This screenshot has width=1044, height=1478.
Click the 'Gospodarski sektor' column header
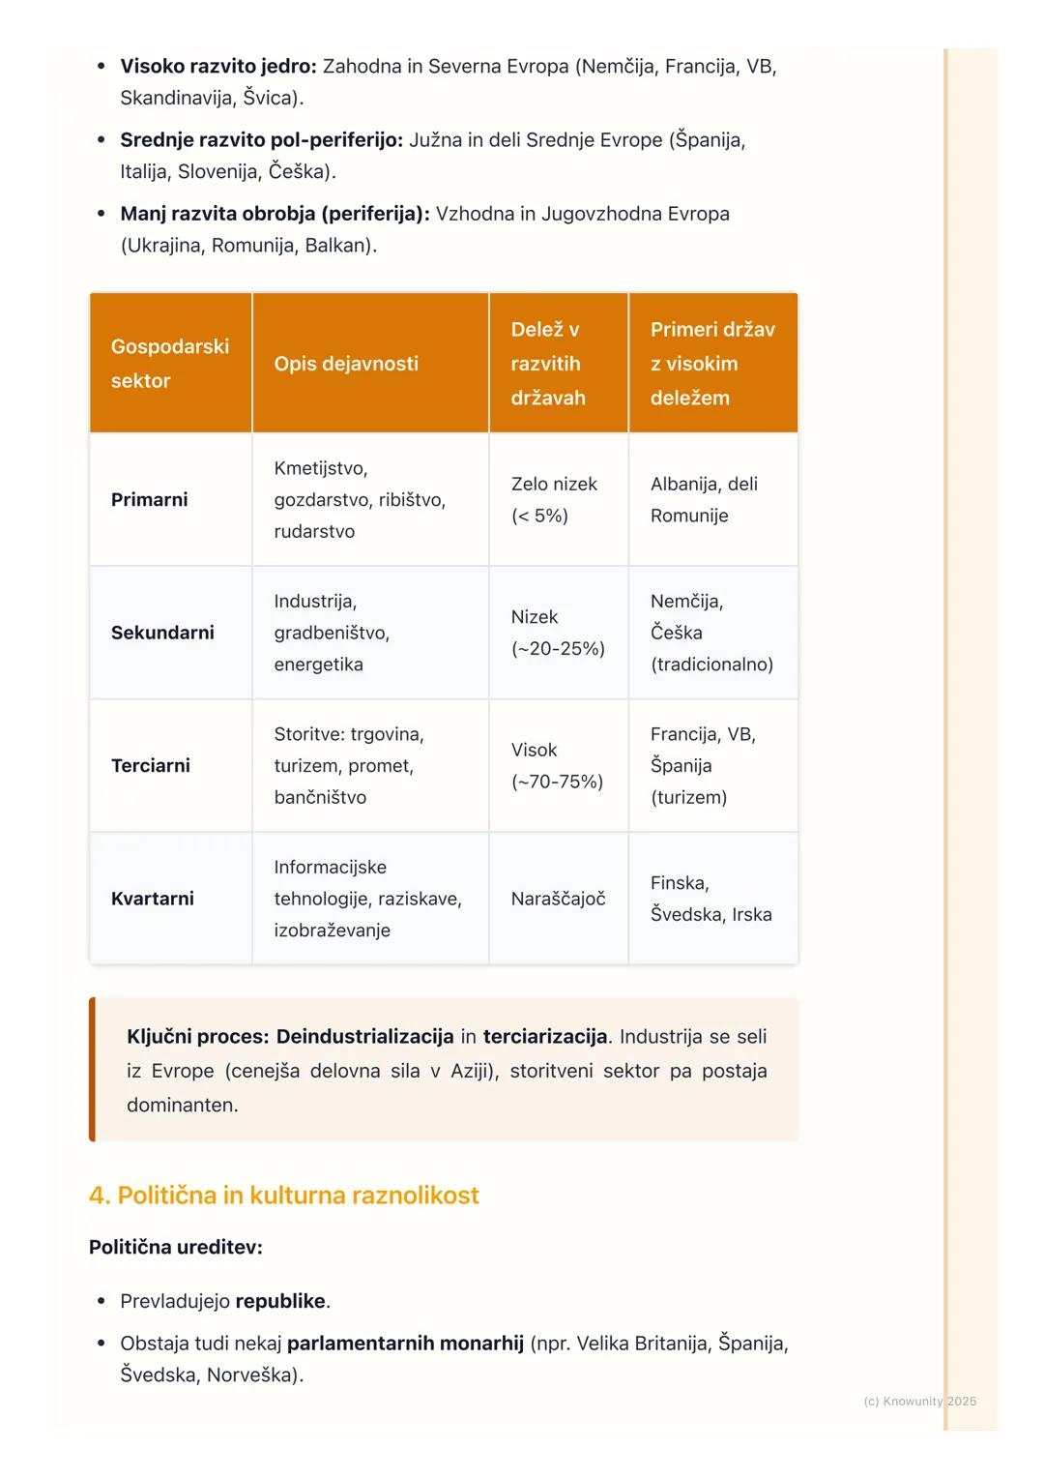coord(170,363)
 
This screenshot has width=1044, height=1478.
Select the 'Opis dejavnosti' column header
coord(346,364)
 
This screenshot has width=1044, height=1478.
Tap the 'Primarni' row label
coord(150,499)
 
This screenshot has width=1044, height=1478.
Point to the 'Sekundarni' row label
coord(162,633)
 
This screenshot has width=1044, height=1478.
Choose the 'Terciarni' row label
coord(151,765)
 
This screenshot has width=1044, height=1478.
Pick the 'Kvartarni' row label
coord(153,899)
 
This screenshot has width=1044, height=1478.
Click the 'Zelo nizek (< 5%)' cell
coord(554,499)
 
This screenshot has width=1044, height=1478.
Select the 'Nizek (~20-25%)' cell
coord(558,633)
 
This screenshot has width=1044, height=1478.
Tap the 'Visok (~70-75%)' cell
coord(557,765)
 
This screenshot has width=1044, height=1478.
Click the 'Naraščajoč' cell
coord(558,899)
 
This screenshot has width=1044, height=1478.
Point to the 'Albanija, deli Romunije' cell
coord(704,499)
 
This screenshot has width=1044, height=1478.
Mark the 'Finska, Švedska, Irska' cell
coord(710,899)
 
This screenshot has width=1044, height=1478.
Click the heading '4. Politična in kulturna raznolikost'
coord(284,1196)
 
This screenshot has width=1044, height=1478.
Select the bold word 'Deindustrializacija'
coord(364,1037)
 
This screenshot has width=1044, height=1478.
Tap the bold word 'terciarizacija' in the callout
coord(545,1037)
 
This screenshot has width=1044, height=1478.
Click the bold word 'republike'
coord(280,1301)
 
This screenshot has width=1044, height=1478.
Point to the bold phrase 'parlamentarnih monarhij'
coord(405,1344)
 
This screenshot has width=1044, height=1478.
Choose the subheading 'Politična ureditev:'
coord(176,1247)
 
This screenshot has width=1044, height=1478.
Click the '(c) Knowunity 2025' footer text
coord(919,1401)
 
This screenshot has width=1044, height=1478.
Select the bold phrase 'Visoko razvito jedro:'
coord(218,67)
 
